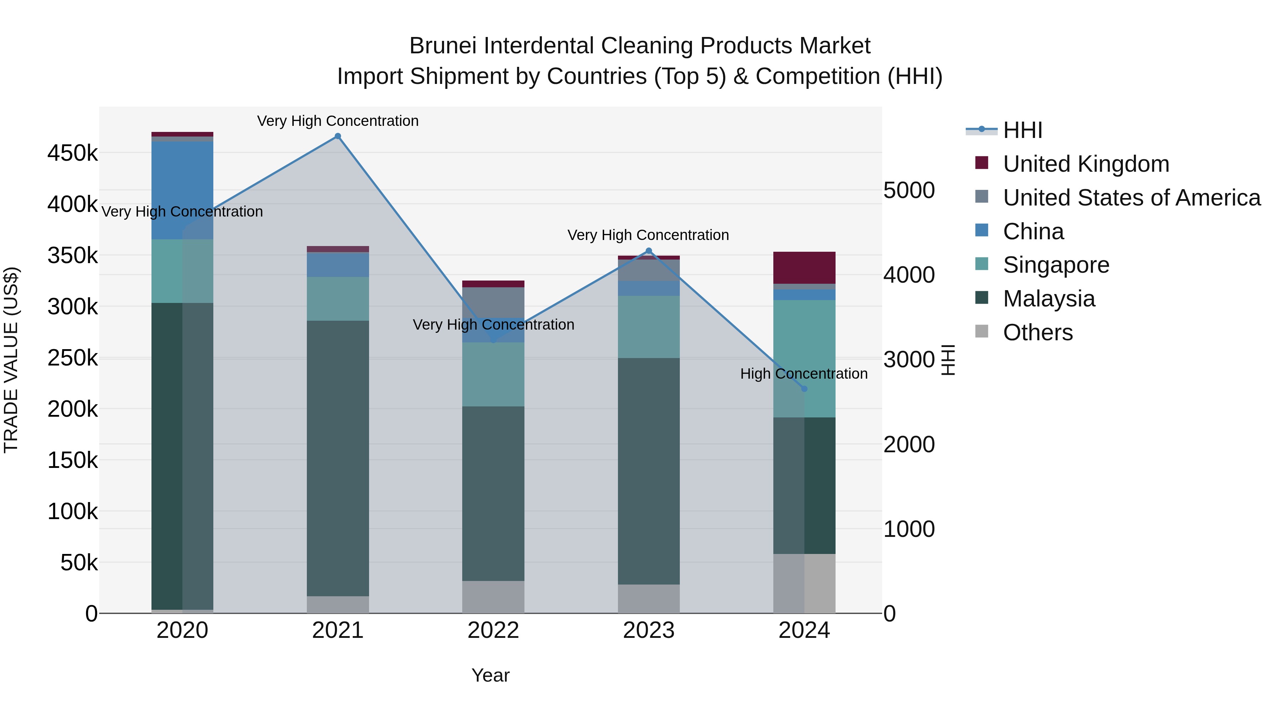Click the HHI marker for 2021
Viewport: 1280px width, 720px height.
(x=338, y=136)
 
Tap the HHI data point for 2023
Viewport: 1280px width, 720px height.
(x=649, y=251)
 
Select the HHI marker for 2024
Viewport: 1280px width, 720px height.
(x=805, y=389)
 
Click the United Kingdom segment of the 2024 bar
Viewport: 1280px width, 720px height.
(x=805, y=268)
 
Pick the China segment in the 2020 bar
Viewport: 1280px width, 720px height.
(x=182, y=190)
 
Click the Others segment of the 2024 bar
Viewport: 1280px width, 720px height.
(x=805, y=583)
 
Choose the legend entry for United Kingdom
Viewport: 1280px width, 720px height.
(x=1086, y=164)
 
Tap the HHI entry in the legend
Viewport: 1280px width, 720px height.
(x=1022, y=130)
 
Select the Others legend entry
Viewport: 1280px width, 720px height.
(x=1038, y=332)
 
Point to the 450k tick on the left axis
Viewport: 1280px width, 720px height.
(x=73, y=153)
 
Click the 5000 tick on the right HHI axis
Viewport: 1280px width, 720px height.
(x=909, y=190)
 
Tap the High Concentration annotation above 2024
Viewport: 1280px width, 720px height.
(x=804, y=374)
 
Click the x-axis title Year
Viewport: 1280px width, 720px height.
(x=490, y=675)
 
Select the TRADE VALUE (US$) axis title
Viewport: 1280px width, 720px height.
(x=11, y=360)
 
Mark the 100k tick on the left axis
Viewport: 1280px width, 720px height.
(x=73, y=511)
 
